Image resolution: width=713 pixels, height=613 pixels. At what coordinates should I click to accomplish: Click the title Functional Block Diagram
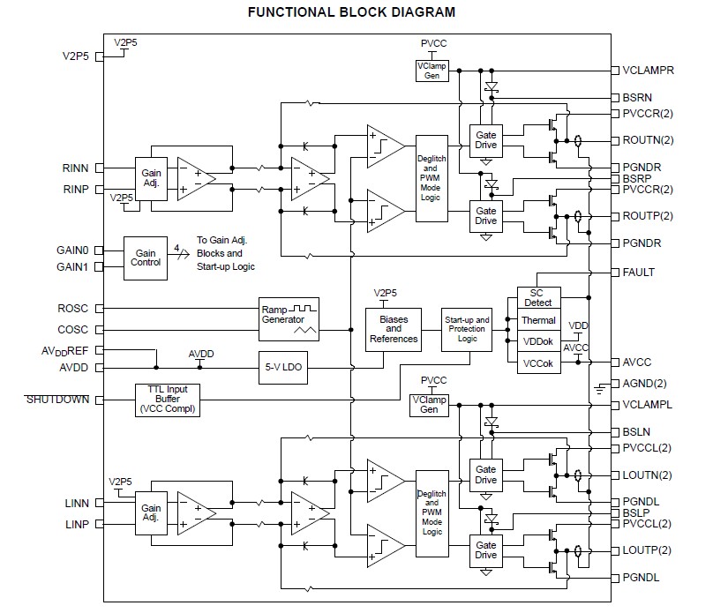[352, 12]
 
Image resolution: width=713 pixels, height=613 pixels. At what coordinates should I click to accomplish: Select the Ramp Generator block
[289, 319]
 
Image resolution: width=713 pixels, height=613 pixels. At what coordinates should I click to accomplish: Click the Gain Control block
[146, 258]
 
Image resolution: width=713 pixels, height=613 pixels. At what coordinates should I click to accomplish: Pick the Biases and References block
[394, 329]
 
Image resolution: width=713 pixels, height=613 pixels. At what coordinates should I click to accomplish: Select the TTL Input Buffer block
[168, 400]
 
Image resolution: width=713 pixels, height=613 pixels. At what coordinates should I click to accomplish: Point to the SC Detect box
[539, 297]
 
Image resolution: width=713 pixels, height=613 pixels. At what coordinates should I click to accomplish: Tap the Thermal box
[539, 321]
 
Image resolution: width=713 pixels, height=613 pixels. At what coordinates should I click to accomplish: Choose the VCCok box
[539, 363]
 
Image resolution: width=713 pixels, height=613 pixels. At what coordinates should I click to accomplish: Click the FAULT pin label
[638, 273]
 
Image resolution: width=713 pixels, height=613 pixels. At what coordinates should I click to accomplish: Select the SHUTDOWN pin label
[57, 400]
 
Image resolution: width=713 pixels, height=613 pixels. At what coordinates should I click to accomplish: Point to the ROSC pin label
[72, 309]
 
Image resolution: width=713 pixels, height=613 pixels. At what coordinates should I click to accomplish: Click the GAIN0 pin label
[72, 250]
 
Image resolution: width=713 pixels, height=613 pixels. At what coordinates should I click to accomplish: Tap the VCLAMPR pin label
[649, 70]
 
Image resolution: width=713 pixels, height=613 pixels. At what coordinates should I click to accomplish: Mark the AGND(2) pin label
[644, 383]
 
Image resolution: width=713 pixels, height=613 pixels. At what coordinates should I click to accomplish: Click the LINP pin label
[77, 525]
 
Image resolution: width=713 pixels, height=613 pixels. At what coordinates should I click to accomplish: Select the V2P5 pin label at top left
[76, 56]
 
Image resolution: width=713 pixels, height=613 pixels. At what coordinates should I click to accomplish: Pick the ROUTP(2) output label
[647, 216]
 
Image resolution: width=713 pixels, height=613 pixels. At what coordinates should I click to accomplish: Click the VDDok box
[539, 342]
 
